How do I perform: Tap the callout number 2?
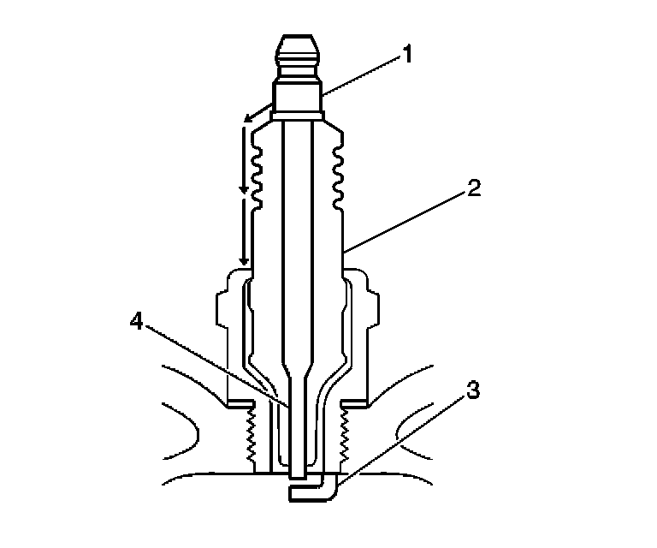click(473, 187)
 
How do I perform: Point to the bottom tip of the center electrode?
click(296, 473)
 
